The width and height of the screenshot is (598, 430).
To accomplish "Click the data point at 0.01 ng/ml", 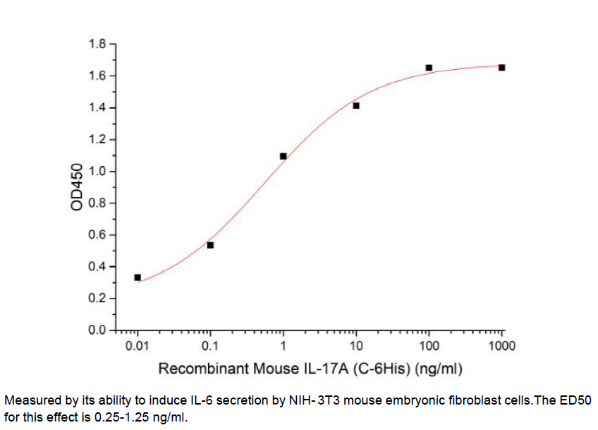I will pyautogui.click(x=138, y=277).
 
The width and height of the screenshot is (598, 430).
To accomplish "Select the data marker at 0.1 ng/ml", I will pyautogui.click(x=210, y=245).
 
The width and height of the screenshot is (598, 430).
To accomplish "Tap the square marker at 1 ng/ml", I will pyautogui.click(x=283, y=156).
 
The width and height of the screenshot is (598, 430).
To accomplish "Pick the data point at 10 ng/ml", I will pyautogui.click(x=356, y=106).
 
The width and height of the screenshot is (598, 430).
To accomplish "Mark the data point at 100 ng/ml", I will pyautogui.click(x=429, y=68).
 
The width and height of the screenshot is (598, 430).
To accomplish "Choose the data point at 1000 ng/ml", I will pyautogui.click(x=501, y=67).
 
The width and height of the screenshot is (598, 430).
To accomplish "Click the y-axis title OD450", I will pyautogui.click(x=77, y=187).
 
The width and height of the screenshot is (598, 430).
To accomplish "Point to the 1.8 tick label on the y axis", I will pyautogui.click(x=97, y=44).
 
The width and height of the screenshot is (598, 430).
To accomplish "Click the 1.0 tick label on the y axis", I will pyautogui.click(x=97, y=172).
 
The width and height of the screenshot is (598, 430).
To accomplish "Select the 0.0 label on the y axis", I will pyautogui.click(x=97, y=330).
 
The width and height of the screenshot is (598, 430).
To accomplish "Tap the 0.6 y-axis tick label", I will pyautogui.click(x=97, y=235).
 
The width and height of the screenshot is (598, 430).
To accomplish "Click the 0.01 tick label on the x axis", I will pyautogui.click(x=138, y=346).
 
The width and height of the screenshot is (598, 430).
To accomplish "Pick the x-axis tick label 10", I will pyautogui.click(x=356, y=346).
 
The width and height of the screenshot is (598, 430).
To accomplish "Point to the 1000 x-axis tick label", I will pyautogui.click(x=501, y=346).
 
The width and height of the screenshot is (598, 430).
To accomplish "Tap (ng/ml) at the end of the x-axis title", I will pyautogui.click(x=440, y=369).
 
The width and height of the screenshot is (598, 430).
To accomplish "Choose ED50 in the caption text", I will pyautogui.click(x=576, y=400).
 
